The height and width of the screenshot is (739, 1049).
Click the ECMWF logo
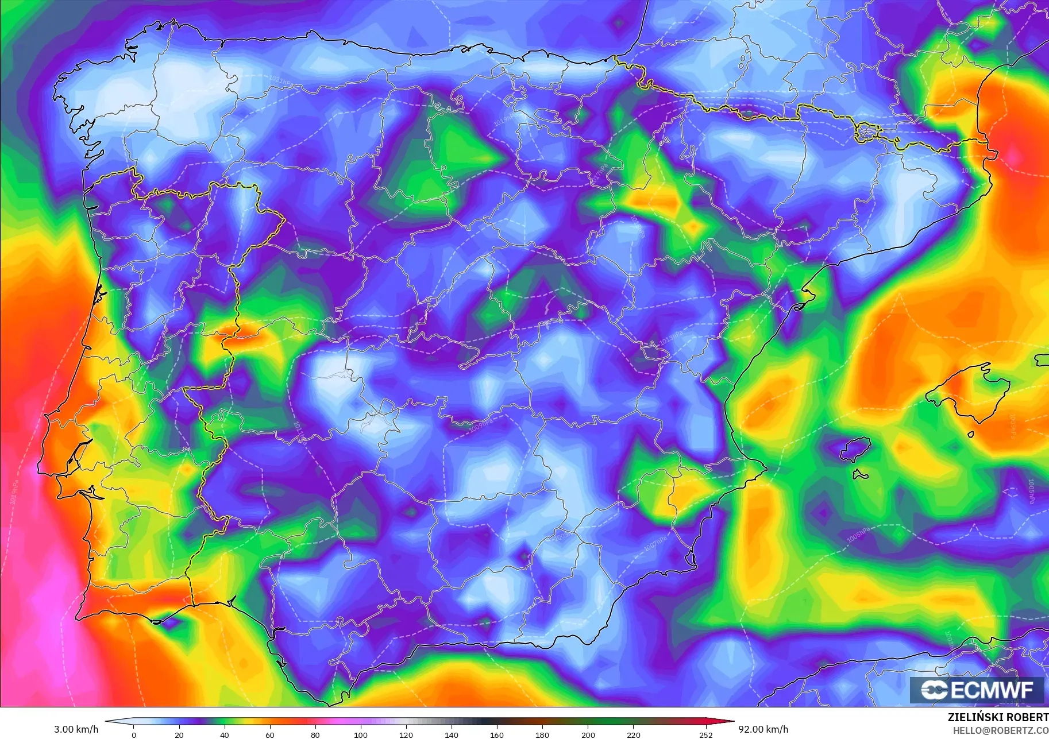pos(977,690)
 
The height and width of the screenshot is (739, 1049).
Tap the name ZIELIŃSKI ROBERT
pos(998,717)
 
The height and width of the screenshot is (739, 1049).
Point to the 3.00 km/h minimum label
pos(76,729)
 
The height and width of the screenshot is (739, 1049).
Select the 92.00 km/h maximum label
pos(763,729)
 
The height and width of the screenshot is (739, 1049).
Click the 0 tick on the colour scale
pos(134,734)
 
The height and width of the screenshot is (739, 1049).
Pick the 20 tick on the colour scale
pos(179,734)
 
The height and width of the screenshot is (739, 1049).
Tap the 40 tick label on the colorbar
pos(225,734)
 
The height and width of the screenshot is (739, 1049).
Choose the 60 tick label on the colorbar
pos(270,734)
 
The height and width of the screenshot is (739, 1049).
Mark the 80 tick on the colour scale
pos(315,734)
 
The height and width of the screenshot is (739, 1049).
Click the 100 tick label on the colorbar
pos(361,734)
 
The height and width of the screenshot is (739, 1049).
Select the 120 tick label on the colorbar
pos(406,734)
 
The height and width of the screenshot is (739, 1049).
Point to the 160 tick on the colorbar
pos(497,734)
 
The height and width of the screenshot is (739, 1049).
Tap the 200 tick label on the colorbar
pos(588,734)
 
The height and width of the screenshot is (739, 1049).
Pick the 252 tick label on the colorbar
pos(706,734)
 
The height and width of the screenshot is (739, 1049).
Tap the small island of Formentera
pos(860,475)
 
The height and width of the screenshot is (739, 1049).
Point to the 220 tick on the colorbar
pos(633,734)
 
